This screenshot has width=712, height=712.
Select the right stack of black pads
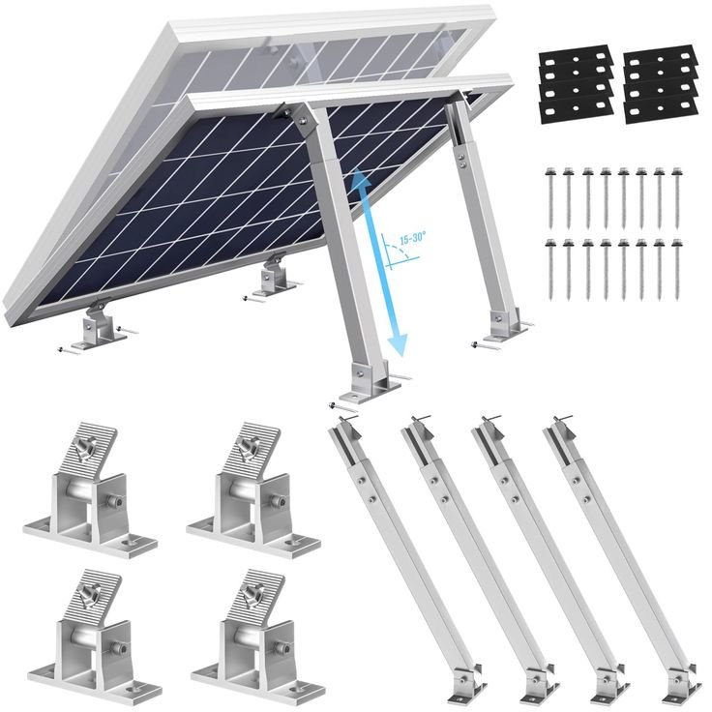click(661, 85)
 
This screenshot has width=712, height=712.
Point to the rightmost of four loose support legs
click(619, 551)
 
